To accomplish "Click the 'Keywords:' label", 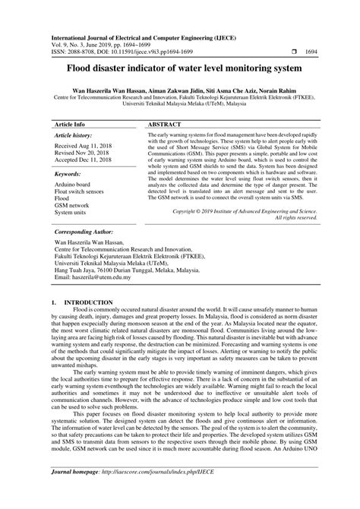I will click(68, 174).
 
